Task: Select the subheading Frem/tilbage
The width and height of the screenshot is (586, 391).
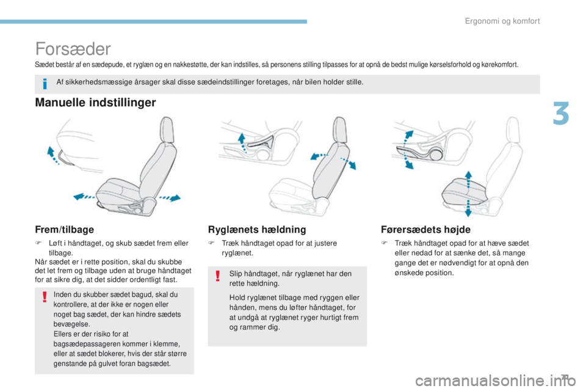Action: (x=64, y=229)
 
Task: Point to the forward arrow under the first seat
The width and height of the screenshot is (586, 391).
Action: (x=85, y=196)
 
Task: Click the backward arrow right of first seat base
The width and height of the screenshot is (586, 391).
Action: (x=170, y=198)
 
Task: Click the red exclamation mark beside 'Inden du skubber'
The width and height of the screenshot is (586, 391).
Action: (x=44, y=298)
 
